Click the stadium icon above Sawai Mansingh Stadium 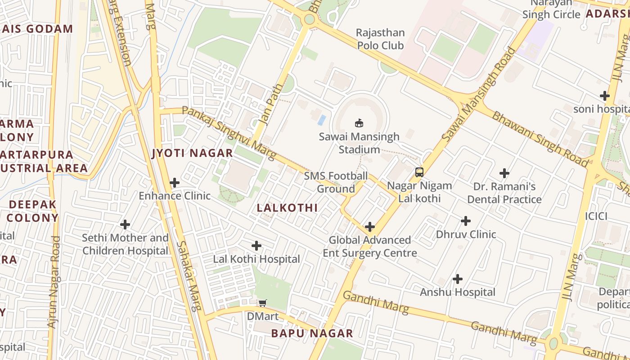click(359, 123)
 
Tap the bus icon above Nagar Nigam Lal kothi click(419, 172)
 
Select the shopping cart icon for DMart click(262, 303)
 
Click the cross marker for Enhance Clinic click(174, 183)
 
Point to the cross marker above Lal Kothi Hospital click(256, 246)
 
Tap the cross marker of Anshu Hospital click(458, 279)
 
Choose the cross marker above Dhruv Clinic click(466, 221)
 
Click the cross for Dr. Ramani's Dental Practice click(504, 173)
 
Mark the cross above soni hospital click(605, 96)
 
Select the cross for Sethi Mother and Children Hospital click(125, 224)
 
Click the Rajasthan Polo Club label click(380, 39)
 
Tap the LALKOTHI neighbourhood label click(287, 208)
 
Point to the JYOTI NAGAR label click(192, 153)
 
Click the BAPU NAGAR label click(312, 333)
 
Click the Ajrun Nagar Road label click(54, 282)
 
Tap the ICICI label click(596, 216)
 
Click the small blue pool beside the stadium click(322, 120)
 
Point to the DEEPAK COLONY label click(33, 211)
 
